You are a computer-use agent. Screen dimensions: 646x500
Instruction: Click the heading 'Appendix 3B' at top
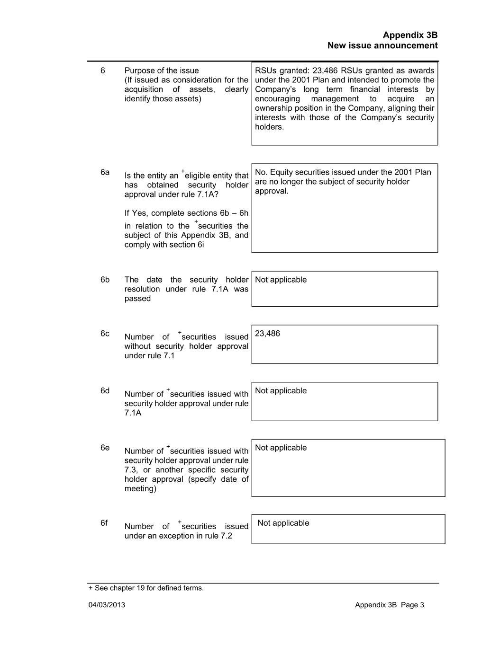[410, 35]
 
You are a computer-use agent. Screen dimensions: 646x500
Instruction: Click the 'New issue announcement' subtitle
[382, 45]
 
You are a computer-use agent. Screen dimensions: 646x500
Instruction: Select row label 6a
[105, 172]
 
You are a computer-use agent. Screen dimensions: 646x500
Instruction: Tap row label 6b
[105, 280]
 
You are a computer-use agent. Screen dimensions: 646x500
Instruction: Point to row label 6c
[105, 334]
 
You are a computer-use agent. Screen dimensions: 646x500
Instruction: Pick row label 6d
[105, 391]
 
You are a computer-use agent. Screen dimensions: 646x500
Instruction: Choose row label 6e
[105, 448]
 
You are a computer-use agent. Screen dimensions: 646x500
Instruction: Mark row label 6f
[104, 523]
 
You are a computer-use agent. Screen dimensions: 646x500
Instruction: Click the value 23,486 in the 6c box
[267, 334]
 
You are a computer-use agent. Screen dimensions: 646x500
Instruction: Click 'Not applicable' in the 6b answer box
[281, 280]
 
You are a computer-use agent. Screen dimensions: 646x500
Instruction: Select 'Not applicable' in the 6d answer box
[281, 391]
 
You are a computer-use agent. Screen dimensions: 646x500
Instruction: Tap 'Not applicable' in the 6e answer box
[281, 448]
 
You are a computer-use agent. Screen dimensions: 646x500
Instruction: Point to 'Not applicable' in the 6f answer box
[283, 523]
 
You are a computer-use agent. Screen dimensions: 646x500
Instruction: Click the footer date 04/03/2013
[107, 605]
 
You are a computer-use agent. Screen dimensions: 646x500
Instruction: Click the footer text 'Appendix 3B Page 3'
[389, 605]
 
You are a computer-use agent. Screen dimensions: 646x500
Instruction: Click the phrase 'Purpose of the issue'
[162, 71]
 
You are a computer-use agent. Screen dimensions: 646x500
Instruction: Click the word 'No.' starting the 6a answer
[261, 172]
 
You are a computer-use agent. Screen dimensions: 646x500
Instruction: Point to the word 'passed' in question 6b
[137, 299]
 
